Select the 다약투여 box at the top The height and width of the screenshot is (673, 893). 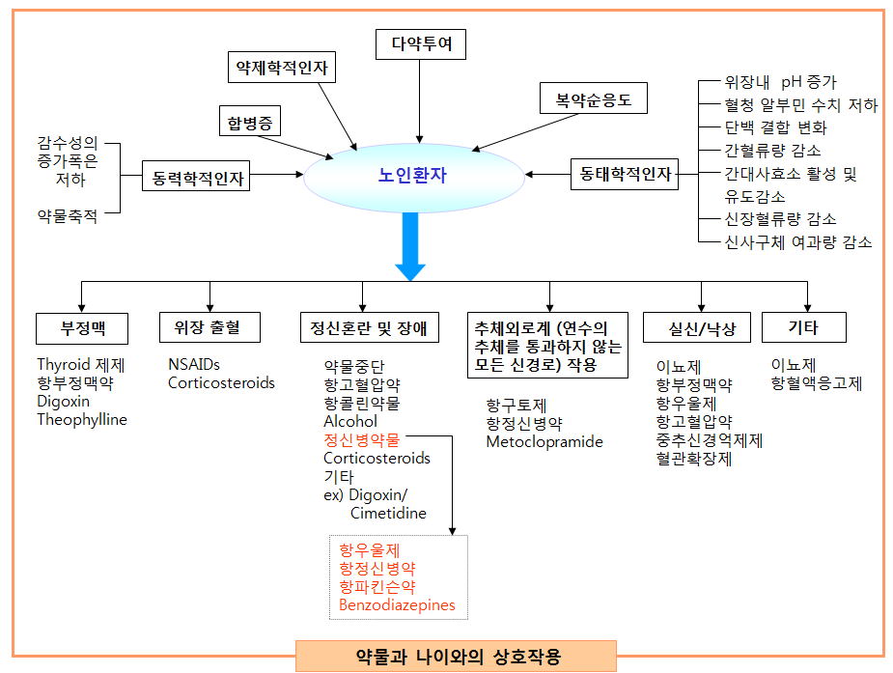pyautogui.click(x=420, y=43)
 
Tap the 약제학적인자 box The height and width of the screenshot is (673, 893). pyautogui.click(x=282, y=69)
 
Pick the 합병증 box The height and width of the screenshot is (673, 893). pyautogui.click(x=249, y=123)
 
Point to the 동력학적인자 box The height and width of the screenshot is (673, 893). pyautogui.click(x=197, y=178)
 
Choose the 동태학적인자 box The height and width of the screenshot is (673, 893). pyautogui.click(x=625, y=175)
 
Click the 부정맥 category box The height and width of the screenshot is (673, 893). pyautogui.click(x=82, y=328)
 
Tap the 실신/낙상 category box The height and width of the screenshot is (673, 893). pyautogui.click(x=702, y=328)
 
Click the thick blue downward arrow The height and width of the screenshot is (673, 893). pyautogui.click(x=410, y=246)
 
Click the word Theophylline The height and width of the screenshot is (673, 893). pyautogui.click(x=82, y=420)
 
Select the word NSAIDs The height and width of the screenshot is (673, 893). pyautogui.click(x=194, y=365)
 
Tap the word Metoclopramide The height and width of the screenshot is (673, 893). pyautogui.click(x=544, y=442)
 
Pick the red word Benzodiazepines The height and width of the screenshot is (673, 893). pyautogui.click(x=397, y=606)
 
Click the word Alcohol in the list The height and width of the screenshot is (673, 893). pyautogui.click(x=350, y=421)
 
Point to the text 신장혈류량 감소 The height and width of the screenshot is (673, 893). pyautogui.click(x=780, y=219)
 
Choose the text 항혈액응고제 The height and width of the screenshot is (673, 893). pyautogui.click(x=816, y=384)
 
